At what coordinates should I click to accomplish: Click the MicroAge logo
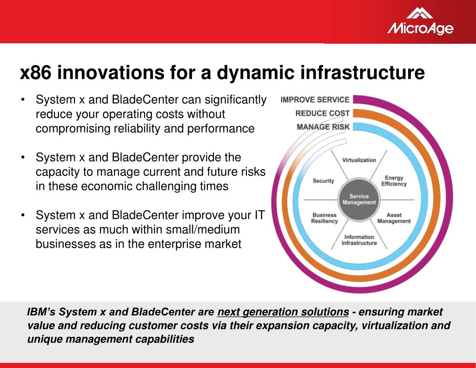point(420,21)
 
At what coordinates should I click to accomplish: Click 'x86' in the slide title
point(35,73)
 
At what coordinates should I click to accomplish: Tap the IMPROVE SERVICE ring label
point(315,100)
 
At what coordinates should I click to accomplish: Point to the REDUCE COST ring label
point(323,114)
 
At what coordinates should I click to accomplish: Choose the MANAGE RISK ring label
point(323,127)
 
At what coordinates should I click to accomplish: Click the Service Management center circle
point(359,199)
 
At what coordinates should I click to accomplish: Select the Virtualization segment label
point(359,160)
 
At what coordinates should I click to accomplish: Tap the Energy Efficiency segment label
point(394,181)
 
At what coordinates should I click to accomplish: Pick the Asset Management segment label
point(394,218)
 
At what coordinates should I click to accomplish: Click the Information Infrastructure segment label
point(359,240)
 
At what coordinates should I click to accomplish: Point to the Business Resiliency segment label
point(324,218)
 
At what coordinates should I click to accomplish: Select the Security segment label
point(324,181)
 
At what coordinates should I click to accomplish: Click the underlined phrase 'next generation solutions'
point(283,312)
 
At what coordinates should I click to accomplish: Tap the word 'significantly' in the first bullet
point(236,100)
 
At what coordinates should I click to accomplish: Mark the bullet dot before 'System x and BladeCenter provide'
point(23,157)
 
